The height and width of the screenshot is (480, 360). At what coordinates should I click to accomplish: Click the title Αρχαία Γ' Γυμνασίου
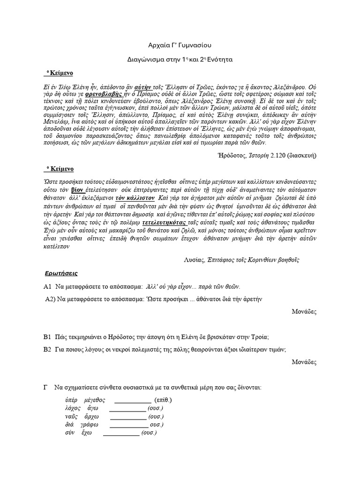pos(180,45)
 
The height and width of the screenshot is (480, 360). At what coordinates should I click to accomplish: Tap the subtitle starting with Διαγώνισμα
pos(180,60)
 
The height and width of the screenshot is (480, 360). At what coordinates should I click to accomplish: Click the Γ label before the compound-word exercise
pos(46,388)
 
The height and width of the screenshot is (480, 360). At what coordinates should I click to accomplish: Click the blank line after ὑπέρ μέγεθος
pos(133,401)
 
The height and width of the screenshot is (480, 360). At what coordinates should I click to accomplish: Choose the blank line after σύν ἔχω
pos(121,434)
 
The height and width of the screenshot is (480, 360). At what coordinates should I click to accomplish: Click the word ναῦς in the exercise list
pos(71,417)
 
